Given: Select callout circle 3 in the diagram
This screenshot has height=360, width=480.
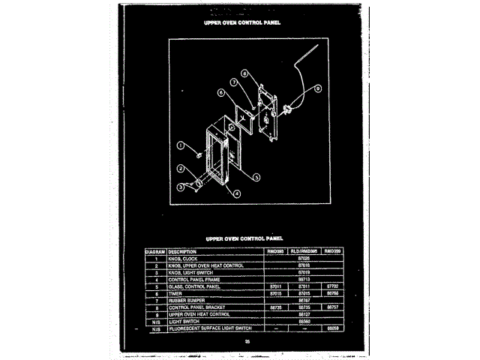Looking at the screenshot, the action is pyautogui.click(x=181, y=186).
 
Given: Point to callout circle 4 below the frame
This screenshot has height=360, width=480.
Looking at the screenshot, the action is pyautogui.click(x=237, y=193).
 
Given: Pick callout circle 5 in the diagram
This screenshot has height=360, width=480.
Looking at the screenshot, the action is pyautogui.click(x=255, y=177).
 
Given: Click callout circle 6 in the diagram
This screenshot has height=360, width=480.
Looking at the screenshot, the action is pyautogui.click(x=222, y=92).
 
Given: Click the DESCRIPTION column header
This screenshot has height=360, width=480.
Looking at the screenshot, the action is pyautogui.click(x=183, y=250).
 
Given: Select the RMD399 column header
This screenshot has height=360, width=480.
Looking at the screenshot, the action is pyautogui.click(x=332, y=250).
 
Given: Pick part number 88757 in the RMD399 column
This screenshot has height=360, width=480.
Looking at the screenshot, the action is pyautogui.click(x=332, y=307).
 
